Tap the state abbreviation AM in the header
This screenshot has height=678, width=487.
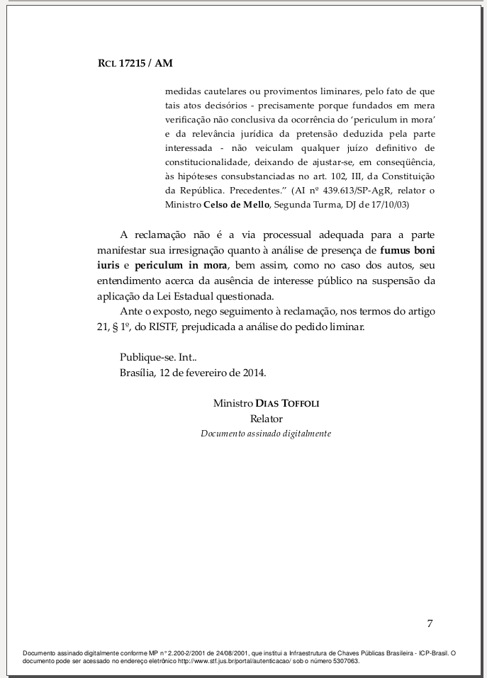pos(164,63)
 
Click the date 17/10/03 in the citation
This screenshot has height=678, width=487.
pos(388,204)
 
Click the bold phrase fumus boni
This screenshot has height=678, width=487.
pos(408,249)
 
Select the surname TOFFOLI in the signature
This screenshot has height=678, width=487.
pos(301,403)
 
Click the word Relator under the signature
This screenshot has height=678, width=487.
pos(266,419)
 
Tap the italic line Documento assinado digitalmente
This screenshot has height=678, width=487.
pos(266,433)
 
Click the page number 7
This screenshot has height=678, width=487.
pos(430,623)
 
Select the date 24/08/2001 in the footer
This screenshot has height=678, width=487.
pos(228,652)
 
